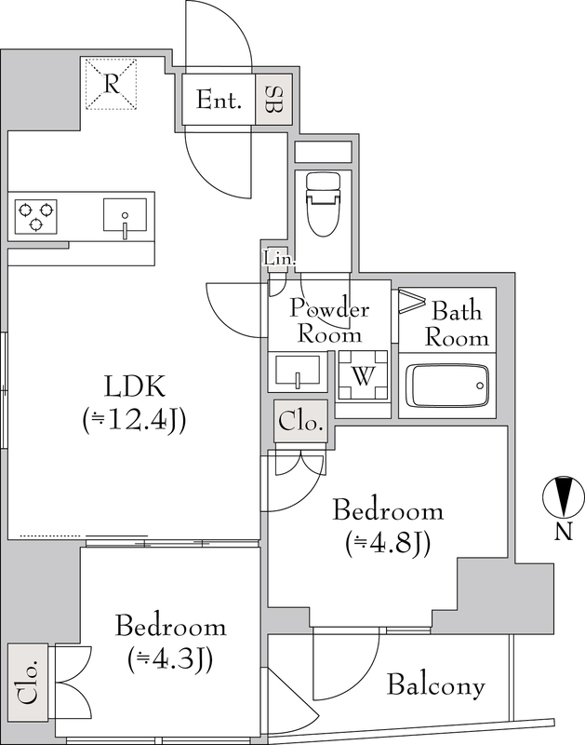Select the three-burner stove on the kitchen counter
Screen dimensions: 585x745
coord(35,217)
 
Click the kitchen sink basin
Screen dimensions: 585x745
coord(125,215)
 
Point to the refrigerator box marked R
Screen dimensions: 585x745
coord(111,84)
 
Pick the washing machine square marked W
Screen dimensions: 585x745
coord(363,376)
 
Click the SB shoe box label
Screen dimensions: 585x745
coord(273,100)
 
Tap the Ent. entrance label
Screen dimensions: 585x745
coord(219,100)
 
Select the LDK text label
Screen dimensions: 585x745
coord(135,386)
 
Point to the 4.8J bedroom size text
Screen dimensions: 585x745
coord(388,543)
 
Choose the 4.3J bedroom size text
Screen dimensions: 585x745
coord(170,658)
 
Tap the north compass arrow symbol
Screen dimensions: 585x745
coord(564,496)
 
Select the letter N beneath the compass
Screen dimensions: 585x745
coord(564,532)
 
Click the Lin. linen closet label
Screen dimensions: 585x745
coord(279,260)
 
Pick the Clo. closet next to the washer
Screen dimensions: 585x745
coord(300,422)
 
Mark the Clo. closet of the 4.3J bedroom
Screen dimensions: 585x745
coord(28,682)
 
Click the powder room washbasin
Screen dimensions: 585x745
coord(298,372)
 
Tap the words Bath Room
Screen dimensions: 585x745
coord(457,324)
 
